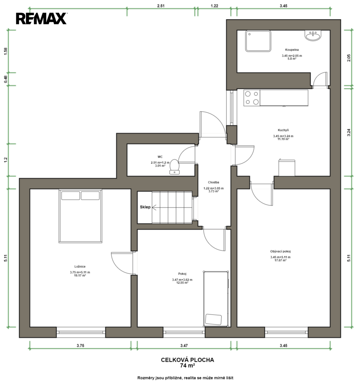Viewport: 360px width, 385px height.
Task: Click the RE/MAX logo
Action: click(41, 19)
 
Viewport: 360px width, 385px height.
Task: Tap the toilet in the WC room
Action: click(174, 167)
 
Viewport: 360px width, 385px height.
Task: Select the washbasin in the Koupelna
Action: click(313, 35)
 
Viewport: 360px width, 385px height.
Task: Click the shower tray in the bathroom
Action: click(258, 41)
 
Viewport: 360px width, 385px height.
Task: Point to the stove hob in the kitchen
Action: click(252, 98)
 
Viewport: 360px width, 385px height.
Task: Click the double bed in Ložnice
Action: click(80, 216)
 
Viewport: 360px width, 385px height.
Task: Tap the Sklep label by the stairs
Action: click(145, 207)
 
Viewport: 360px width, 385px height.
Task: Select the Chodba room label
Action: click(214, 183)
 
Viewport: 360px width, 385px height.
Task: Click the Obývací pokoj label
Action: click(281, 251)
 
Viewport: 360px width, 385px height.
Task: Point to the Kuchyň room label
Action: click(283, 130)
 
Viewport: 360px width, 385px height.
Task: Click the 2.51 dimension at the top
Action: click(161, 6)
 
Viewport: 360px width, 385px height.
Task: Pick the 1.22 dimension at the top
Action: click(214, 6)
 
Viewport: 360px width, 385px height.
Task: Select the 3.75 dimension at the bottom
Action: click(80, 345)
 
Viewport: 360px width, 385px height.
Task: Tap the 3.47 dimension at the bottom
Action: click(184, 345)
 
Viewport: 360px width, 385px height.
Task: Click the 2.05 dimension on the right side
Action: click(349, 58)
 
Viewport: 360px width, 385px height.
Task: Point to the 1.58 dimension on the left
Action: click(6, 51)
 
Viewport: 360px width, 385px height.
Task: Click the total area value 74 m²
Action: click(187, 366)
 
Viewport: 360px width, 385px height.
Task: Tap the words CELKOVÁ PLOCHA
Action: click(187, 360)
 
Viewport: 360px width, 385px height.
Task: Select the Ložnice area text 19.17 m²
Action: click(80, 276)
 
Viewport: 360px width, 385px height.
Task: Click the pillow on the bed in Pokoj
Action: click(214, 319)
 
